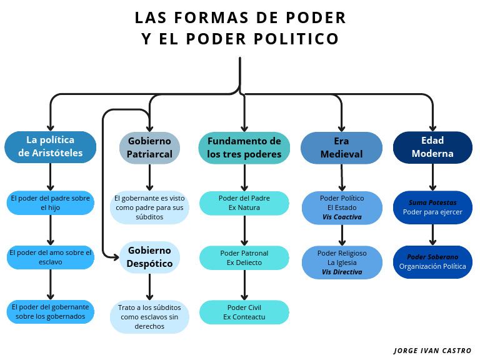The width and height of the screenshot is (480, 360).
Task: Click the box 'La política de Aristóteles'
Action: point(51,147)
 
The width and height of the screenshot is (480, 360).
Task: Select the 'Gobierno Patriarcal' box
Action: point(149,147)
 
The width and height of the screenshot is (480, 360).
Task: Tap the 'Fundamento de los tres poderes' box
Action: point(244,147)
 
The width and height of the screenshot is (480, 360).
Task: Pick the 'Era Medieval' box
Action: point(341,147)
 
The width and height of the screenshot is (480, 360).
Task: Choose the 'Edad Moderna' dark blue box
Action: point(432,147)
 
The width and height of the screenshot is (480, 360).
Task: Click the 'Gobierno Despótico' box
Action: point(149,257)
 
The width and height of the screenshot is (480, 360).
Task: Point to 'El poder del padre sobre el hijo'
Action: point(51,203)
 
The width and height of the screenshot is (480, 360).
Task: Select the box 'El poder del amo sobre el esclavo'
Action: point(51,257)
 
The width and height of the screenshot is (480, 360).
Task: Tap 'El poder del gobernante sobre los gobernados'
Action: point(51,312)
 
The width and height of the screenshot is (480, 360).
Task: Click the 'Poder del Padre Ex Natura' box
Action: point(244,203)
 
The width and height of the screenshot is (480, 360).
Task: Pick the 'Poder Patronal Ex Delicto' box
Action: point(244,257)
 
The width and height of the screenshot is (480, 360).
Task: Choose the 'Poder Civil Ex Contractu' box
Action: point(244,312)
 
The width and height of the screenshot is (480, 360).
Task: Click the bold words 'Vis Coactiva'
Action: point(342,217)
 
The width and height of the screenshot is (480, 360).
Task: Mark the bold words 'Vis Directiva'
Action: point(342,272)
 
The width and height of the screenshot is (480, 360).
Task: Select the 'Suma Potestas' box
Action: point(432,207)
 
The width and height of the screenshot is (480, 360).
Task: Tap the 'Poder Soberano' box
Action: point(432,262)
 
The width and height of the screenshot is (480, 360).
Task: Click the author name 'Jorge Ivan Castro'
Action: point(432,351)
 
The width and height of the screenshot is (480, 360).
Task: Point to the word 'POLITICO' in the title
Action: point(296,39)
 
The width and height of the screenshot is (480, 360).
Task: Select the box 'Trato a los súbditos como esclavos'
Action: point(149,317)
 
